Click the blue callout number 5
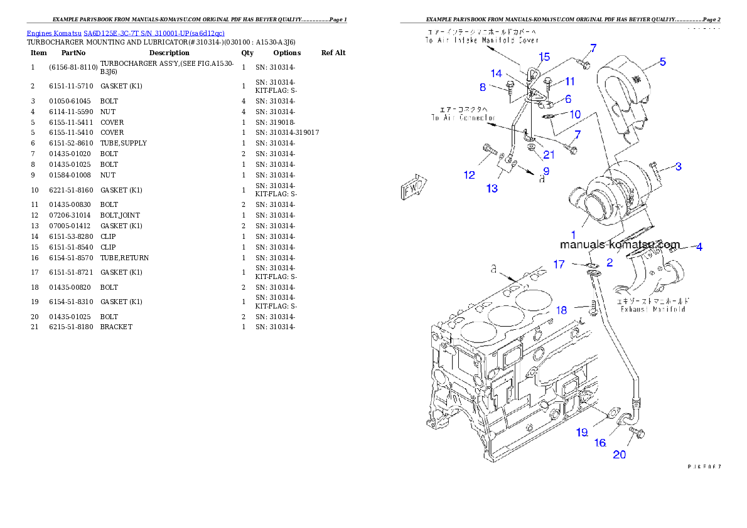click(662, 61)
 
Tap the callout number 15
click(544, 57)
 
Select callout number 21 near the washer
click(549, 155)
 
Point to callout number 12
click(470, 175)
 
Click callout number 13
click(492, 187)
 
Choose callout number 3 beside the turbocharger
click(678, 166)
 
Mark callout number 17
click(559, 265)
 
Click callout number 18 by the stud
click(561, 310)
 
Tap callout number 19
click(583, 431)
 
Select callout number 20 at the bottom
click(619, 455)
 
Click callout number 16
click(600, 443)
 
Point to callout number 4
click(699, 247)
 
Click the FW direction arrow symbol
click(412, 187)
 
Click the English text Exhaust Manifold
click(652, 309)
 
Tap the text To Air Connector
click(463, 117)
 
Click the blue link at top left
click(126, 33)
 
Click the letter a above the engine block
click(494, 268)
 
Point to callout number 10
click(575, 115)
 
